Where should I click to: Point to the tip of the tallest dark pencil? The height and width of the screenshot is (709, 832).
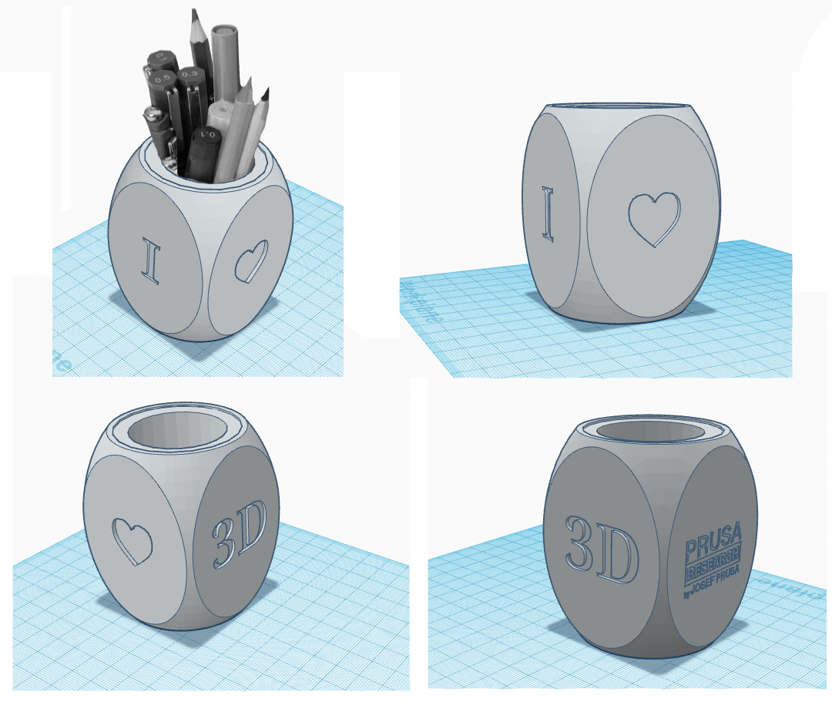point(193,13)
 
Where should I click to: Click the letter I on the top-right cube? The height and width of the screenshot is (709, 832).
point(548,215)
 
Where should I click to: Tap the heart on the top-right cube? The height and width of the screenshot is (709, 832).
point(655,219)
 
